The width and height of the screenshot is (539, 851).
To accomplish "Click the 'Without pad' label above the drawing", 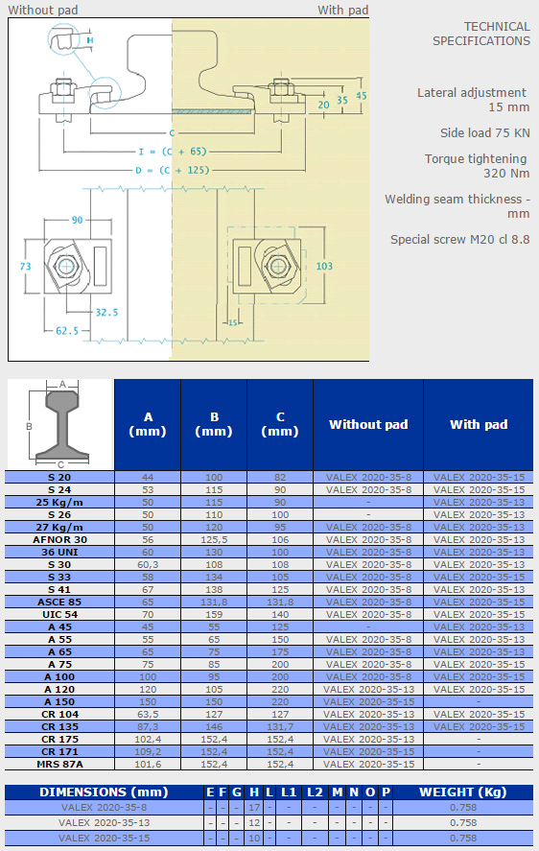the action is point(43,10).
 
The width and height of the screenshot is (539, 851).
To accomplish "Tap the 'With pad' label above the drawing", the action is point(343,10).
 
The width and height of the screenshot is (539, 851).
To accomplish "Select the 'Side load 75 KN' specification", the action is point(484,133).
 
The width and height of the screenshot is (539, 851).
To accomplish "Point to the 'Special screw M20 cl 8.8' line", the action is point(459,239).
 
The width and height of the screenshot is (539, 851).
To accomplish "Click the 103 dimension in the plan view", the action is point(324,266).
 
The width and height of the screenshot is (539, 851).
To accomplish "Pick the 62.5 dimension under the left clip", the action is point(67,331).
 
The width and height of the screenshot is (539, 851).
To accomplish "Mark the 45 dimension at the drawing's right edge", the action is point(362,96).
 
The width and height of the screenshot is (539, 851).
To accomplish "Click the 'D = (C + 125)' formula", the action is point(172,170).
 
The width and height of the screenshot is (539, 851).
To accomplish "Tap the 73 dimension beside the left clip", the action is point(26,266).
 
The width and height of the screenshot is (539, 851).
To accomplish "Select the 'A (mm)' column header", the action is point(148,424).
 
